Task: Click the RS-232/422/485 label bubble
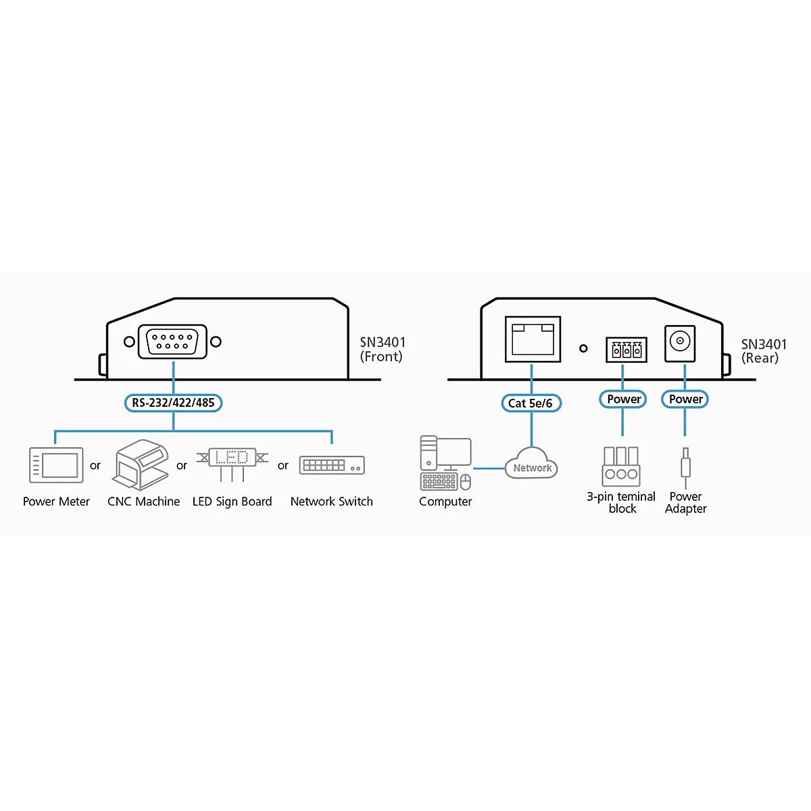click(x=174, y=403)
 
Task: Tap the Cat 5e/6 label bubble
click(x=531, y=403)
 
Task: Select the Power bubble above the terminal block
click(x=623, y=399)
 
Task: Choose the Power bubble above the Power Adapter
click(x=685, y=399)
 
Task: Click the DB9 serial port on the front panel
click(x=172, y=341)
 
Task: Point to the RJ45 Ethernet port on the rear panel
click(x=533, y=339)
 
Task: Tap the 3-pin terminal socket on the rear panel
click(x=626, y=349)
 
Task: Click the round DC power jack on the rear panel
click(x=680, y=343)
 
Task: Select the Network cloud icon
click(x=531, y=463)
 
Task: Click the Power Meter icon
click(x=56, y=465)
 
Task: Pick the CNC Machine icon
click(x=141, y=464)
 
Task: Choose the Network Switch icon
click(x=332, y=465)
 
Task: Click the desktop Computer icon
click(x=445, y=463)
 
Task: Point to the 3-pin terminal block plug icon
click(x=621, y=466)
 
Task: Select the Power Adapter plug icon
click(x=685, y=468)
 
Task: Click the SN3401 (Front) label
click(x=383, y=349)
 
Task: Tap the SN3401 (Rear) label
click(x=764, y=351)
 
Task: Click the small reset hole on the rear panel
click(x=583, y=349)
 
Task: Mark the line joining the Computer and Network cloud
click(x=489, y=468)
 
